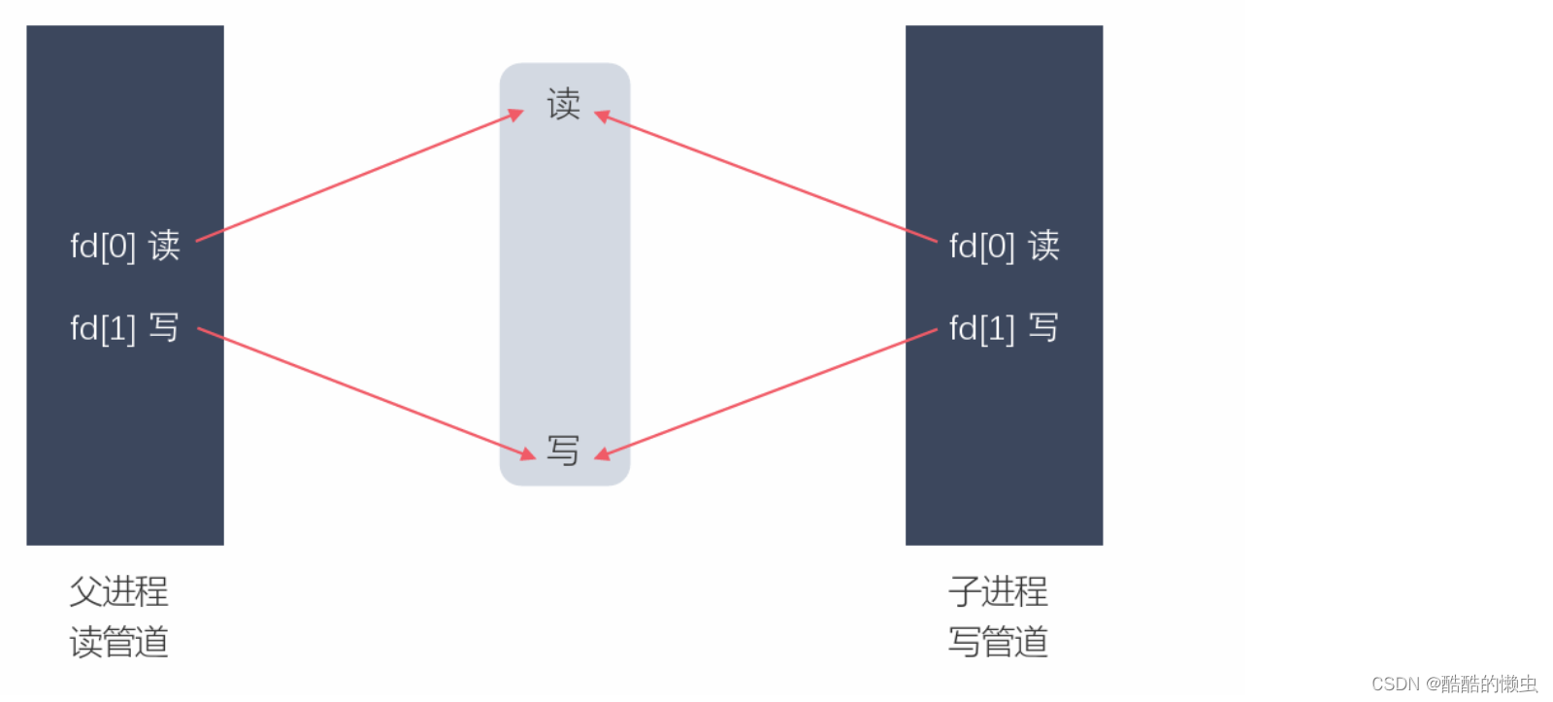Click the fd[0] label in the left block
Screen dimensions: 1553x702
(103, 246)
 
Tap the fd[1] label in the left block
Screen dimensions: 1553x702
(103, 328)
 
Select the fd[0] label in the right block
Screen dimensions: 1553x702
(982, 246)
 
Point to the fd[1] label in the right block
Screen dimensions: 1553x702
(982, 328)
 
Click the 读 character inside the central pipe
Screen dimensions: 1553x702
(564, 104)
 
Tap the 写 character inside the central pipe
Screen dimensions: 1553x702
(563, 450)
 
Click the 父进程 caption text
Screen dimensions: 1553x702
(119, 590)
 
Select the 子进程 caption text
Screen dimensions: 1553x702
(999, 590)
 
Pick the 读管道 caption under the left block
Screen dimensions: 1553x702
(119, 642)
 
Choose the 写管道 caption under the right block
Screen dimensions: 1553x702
(999, 642)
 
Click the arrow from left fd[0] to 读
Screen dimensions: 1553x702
(359, 177)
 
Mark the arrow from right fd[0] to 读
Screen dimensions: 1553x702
(767, 178)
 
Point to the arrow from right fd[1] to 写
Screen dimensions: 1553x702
(767, 392)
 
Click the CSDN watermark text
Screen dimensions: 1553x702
(1454, 684)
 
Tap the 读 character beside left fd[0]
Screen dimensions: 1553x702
(164, 246)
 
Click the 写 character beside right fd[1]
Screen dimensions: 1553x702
(1043, 328)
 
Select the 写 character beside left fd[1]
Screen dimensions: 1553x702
(164, 328)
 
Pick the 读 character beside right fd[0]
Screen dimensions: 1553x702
(1043, 246)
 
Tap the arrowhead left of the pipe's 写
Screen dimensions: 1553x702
(527, 452)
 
